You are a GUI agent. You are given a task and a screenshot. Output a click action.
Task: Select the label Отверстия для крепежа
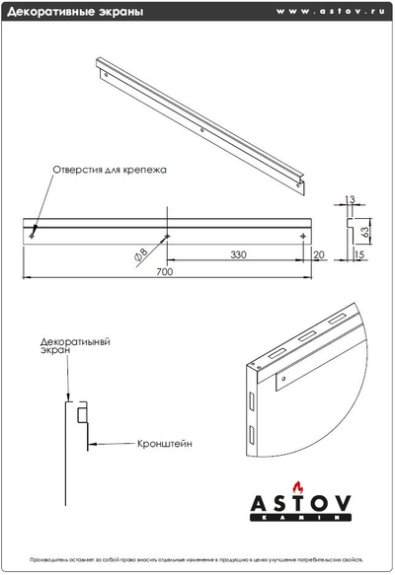click(x=110, y=170)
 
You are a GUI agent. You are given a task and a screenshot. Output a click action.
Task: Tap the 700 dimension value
click(x=164, y=272)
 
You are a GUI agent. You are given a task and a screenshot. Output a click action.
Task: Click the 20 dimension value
click(x=318, y=254)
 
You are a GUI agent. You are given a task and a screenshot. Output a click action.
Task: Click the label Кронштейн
click(x=165, y=444)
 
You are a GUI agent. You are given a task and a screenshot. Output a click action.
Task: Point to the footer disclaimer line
click(x=197, y=558)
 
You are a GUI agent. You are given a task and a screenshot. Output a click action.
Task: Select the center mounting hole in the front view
click(x=168, y=235)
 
